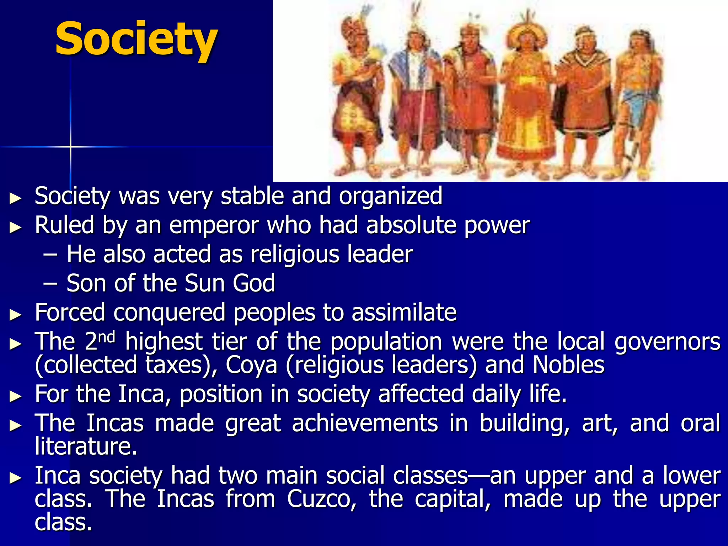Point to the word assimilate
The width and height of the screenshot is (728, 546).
(x=404, y=313)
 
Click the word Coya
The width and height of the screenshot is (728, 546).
(x=251, y=365)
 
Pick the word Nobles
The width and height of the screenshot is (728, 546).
(x=568, y=365)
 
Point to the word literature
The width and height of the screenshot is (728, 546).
(x=86, y=446)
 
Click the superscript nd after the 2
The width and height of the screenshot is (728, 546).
(x=107, y=337)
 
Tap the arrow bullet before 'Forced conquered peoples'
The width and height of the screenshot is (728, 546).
(x=15, y=314)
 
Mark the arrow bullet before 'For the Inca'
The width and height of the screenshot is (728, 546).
(x=15, y=396)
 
